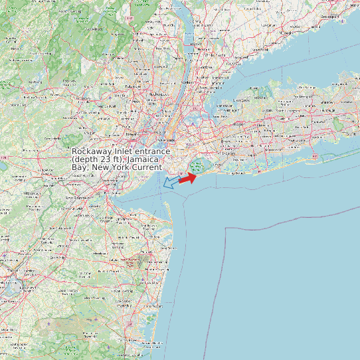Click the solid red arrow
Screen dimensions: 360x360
187,177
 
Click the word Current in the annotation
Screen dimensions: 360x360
147,167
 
